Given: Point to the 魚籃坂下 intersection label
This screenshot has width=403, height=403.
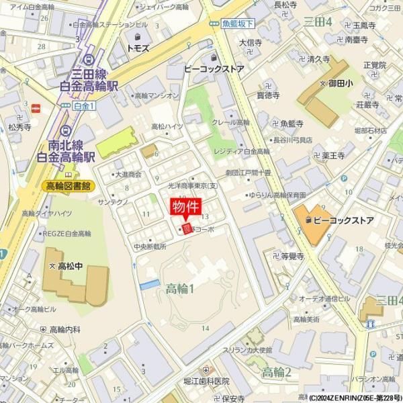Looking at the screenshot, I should (238, 24).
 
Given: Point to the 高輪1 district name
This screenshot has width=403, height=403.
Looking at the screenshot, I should (180, 289).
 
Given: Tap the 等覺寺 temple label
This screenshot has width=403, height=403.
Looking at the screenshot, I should (292, 256).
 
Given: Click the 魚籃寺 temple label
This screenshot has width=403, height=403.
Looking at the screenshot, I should (292, 124).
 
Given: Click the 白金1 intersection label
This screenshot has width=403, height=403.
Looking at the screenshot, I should (84, 105).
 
